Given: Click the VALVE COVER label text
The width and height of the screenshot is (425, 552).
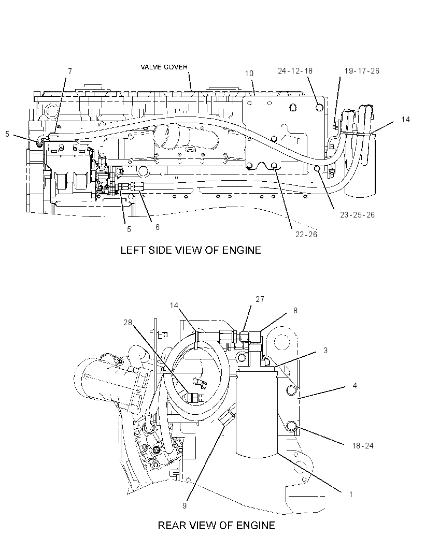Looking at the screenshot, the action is [x=164, y=67].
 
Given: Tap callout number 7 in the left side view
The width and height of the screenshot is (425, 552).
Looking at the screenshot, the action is [x=70, y=71].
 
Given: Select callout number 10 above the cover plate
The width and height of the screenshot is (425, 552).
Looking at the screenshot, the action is [x=249, y=73].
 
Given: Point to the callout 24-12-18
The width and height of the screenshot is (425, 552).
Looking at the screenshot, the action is [x=295, y=71].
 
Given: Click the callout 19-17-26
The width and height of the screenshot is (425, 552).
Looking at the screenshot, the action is [x=362, y=71].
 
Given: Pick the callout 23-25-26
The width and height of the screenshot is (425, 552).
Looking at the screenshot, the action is [x=357, y=215].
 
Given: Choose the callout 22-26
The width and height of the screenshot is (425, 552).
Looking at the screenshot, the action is [x=306, y=235].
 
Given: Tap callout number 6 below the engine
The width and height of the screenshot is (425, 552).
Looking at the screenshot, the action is [x=158, y=227].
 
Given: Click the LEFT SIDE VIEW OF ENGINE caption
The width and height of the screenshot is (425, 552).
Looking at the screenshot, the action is [x=191, y=250].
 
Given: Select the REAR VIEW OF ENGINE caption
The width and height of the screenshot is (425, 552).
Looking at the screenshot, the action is [x=216, y=526].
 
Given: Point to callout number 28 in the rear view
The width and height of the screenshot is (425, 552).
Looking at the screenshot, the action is [x=127, y=322].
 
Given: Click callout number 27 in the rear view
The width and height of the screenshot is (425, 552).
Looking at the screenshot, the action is [x=260, y=299].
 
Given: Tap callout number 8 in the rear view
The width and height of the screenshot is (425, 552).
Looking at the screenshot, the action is [x=295, y=311].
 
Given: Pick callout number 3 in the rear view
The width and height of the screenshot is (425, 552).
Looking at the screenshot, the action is [x=325, y=350].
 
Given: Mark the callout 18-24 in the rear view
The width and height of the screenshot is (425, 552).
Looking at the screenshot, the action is [x=363, y=446].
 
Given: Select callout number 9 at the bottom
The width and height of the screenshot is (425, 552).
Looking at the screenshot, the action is [x=185, y=506].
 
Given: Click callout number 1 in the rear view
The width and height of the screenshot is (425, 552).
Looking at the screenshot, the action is [x=351, y=495].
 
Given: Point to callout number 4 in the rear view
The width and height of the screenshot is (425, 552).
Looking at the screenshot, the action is [x=355, y=386].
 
